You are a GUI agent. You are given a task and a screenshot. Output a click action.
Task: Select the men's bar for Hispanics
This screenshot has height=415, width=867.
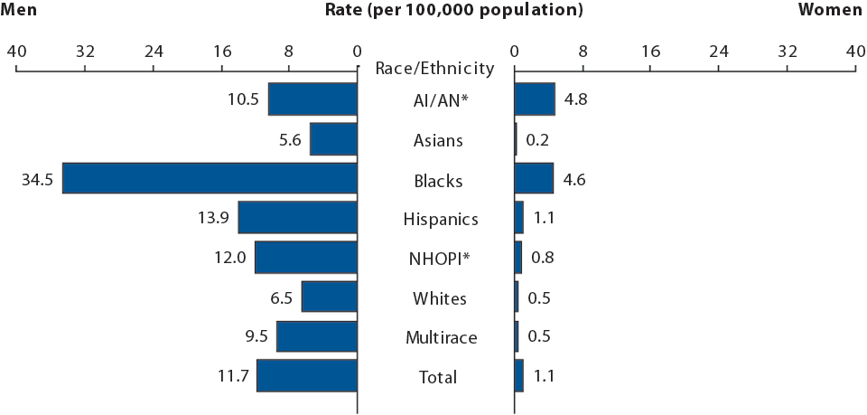[x=297, y=218]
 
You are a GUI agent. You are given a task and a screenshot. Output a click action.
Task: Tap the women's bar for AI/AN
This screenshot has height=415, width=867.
[x=535, y=99]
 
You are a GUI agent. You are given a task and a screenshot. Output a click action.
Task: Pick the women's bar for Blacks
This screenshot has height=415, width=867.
[x=534, y=178]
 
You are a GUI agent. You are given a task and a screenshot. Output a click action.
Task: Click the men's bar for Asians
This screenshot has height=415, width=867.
[x=333, y=138]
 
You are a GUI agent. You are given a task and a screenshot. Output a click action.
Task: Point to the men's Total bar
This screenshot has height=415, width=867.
[x=307, y=376]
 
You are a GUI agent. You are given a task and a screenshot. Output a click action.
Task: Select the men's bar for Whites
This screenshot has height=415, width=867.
[x=330, y=297]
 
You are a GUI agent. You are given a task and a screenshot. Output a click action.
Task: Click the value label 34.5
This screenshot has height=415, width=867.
[x=37, y=180]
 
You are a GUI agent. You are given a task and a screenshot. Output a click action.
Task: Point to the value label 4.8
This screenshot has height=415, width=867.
[x=575, y=99]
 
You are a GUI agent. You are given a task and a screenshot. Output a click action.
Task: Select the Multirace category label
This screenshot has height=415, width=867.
[x=441, y=338]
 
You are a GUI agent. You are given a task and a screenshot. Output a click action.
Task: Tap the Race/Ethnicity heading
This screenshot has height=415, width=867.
[x=434, y=68]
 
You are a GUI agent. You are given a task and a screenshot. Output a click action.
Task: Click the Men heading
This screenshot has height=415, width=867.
[x=20, y=11]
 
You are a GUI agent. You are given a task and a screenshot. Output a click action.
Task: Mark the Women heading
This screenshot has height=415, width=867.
[x=831, y=11]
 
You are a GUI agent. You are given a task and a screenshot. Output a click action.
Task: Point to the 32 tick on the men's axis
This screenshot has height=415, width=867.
[x=85, y=52]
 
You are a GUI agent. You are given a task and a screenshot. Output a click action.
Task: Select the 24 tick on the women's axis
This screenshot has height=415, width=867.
[x=719, y=52]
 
